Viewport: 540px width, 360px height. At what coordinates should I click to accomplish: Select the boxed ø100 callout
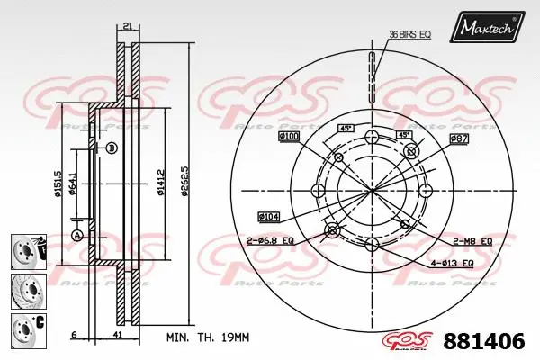(290, 136)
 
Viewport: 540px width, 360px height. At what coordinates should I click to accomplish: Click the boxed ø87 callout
(459, 140)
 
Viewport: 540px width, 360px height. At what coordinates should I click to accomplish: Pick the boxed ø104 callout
(270, 217)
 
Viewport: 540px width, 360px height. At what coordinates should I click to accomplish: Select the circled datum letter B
(112, 148)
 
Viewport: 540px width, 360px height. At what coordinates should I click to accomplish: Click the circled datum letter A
(77, 235)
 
